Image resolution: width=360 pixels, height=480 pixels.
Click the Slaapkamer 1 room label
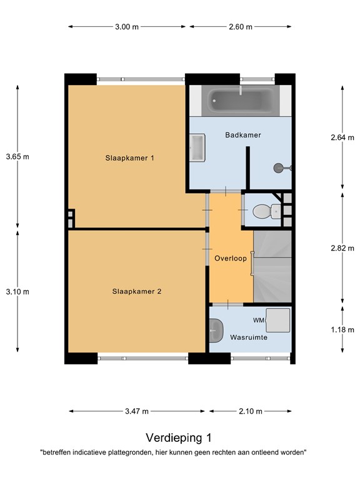[x=129, y=158]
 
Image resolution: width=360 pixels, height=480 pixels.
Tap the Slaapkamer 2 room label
[x=137, y=291]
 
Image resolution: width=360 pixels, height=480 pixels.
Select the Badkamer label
[x=242, y=135]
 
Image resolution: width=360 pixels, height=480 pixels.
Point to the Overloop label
[x=231, y=258]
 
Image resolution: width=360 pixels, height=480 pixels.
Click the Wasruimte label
[x=249, y=337]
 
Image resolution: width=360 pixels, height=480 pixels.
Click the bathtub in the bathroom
[x=241, y=99]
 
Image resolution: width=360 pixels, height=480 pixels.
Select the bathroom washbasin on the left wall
[x=197, y=149]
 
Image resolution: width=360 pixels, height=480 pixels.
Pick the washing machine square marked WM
[x=277, y=320]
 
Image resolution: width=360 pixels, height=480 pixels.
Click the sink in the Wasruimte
[x=216, y=331]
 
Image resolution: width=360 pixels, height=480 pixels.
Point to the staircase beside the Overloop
[x=272, y=266]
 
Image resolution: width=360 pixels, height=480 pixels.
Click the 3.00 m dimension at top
[x=127, y=27]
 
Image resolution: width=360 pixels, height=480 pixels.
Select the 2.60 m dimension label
[x=240, y=27]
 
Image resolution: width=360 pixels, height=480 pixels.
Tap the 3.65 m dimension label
[x=17, y=156]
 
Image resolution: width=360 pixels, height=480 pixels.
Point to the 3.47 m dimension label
[x=137, y=411]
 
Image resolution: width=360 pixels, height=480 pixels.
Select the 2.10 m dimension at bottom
[x=250, y=411]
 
